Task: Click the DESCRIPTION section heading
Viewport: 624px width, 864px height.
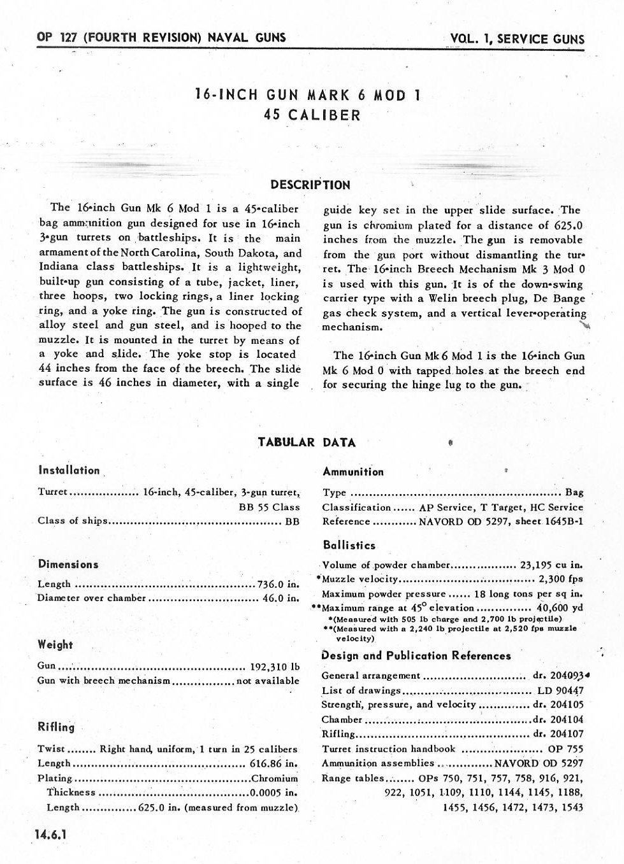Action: pos(310,185)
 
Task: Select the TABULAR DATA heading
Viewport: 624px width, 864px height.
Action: pos(307,443)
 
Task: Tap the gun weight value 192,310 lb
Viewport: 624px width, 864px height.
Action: pos(274,667)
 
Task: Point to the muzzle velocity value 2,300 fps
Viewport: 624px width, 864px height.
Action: pos(561,579)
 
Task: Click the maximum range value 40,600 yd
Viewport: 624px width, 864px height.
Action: pos(560,607)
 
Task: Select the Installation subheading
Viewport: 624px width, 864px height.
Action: pos(69,471)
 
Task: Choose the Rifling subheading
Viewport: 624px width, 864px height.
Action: pos(56,727)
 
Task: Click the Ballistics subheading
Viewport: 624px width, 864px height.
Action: pos(349,545)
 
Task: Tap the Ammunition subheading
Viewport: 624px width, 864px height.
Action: pos(353,472)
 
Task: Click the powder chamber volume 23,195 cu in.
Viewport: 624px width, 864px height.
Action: pos(551,565)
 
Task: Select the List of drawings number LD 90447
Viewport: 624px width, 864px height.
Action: pos(560,690)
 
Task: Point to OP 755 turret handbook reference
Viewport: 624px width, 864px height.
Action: pos(565,749)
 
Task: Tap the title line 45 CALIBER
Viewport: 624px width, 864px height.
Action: pos(312,115)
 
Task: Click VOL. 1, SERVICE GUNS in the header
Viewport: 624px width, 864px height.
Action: pos(517,39)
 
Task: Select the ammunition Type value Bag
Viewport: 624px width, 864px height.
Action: pos(574,492)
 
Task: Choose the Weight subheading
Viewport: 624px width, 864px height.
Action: pos(55,644)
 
